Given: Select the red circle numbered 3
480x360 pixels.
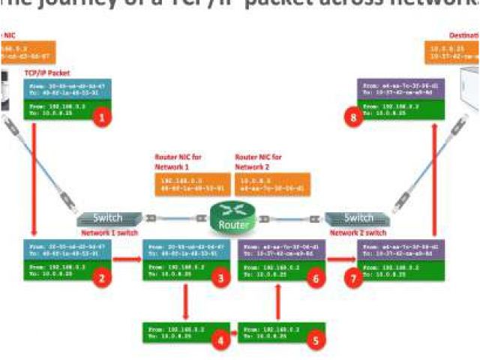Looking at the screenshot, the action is tap(219, 278).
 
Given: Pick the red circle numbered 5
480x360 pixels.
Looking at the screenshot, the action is tap(316, 340).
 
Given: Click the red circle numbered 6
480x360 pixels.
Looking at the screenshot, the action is tap(316, 278).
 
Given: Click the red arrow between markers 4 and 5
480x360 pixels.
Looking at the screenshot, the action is tap(229, 330).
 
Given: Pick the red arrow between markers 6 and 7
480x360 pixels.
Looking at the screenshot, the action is tap(341, 262).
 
